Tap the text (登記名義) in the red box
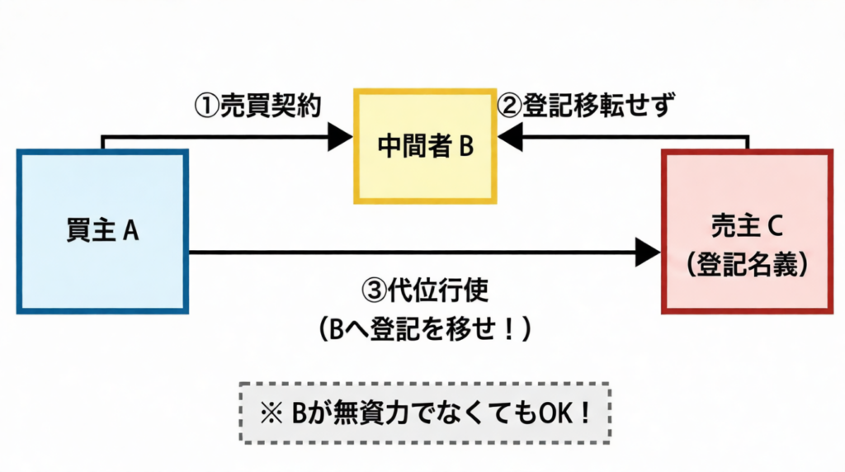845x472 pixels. point(747,264)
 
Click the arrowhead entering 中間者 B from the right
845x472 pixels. point(510,137)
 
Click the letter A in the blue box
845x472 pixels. point(130,232)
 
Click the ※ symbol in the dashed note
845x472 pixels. point(268,412)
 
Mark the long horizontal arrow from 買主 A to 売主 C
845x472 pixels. point(413,252)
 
